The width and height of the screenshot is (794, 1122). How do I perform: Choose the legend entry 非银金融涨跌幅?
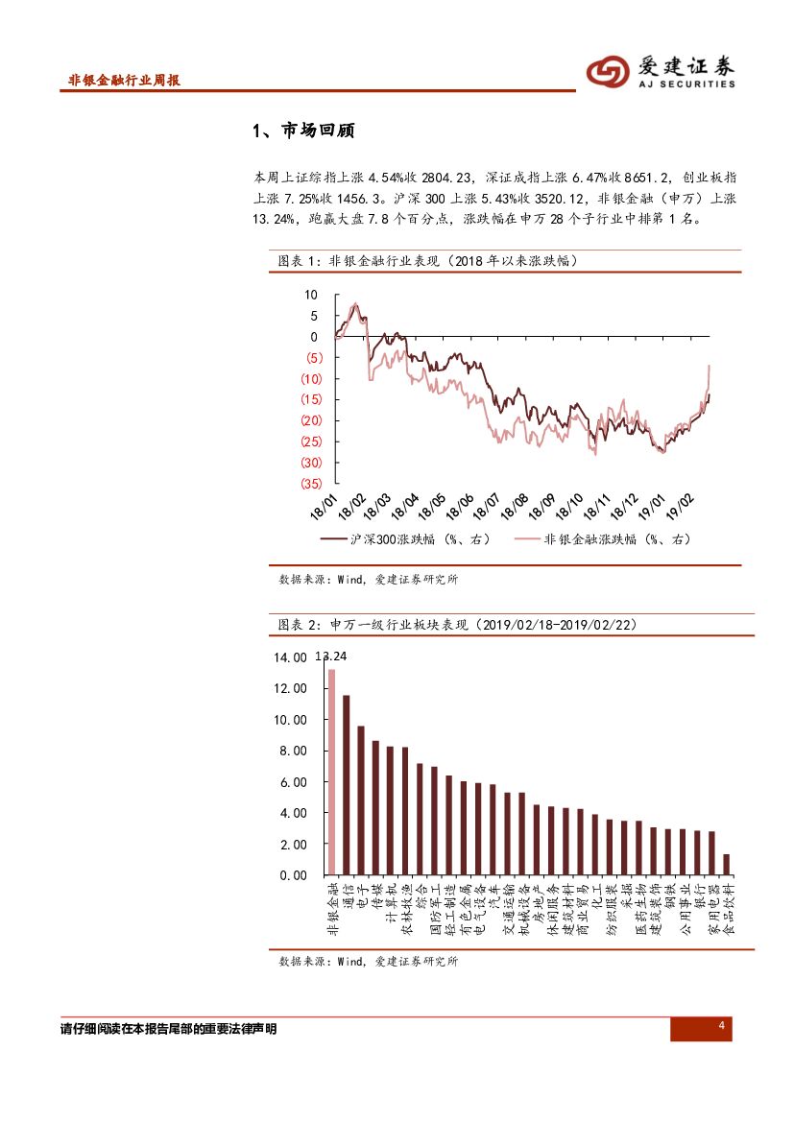click(602, 540)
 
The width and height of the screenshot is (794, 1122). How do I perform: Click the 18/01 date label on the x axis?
click(323, 506)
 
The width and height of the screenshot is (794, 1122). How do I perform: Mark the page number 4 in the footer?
click(720, 1028)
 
